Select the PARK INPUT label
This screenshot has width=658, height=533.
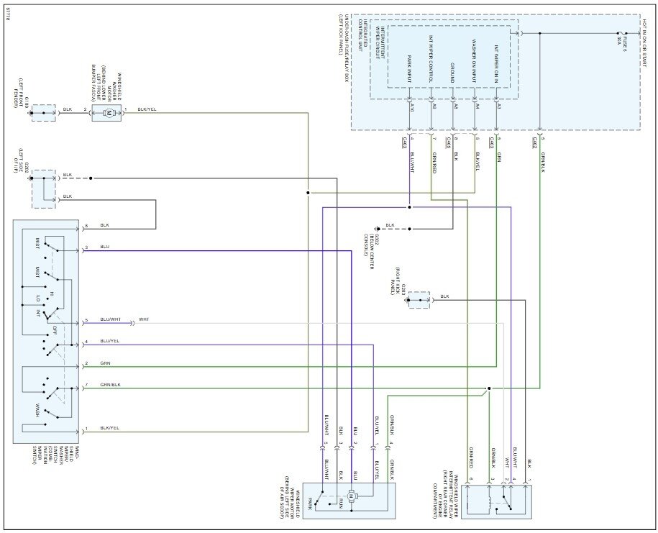click(409, 65)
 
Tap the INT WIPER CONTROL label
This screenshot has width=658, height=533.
click(430, 61)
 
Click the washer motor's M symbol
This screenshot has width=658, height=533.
click(107, 113)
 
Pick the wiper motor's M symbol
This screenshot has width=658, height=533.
click(351, 496)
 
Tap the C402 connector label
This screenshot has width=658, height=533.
click(536, 143)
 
